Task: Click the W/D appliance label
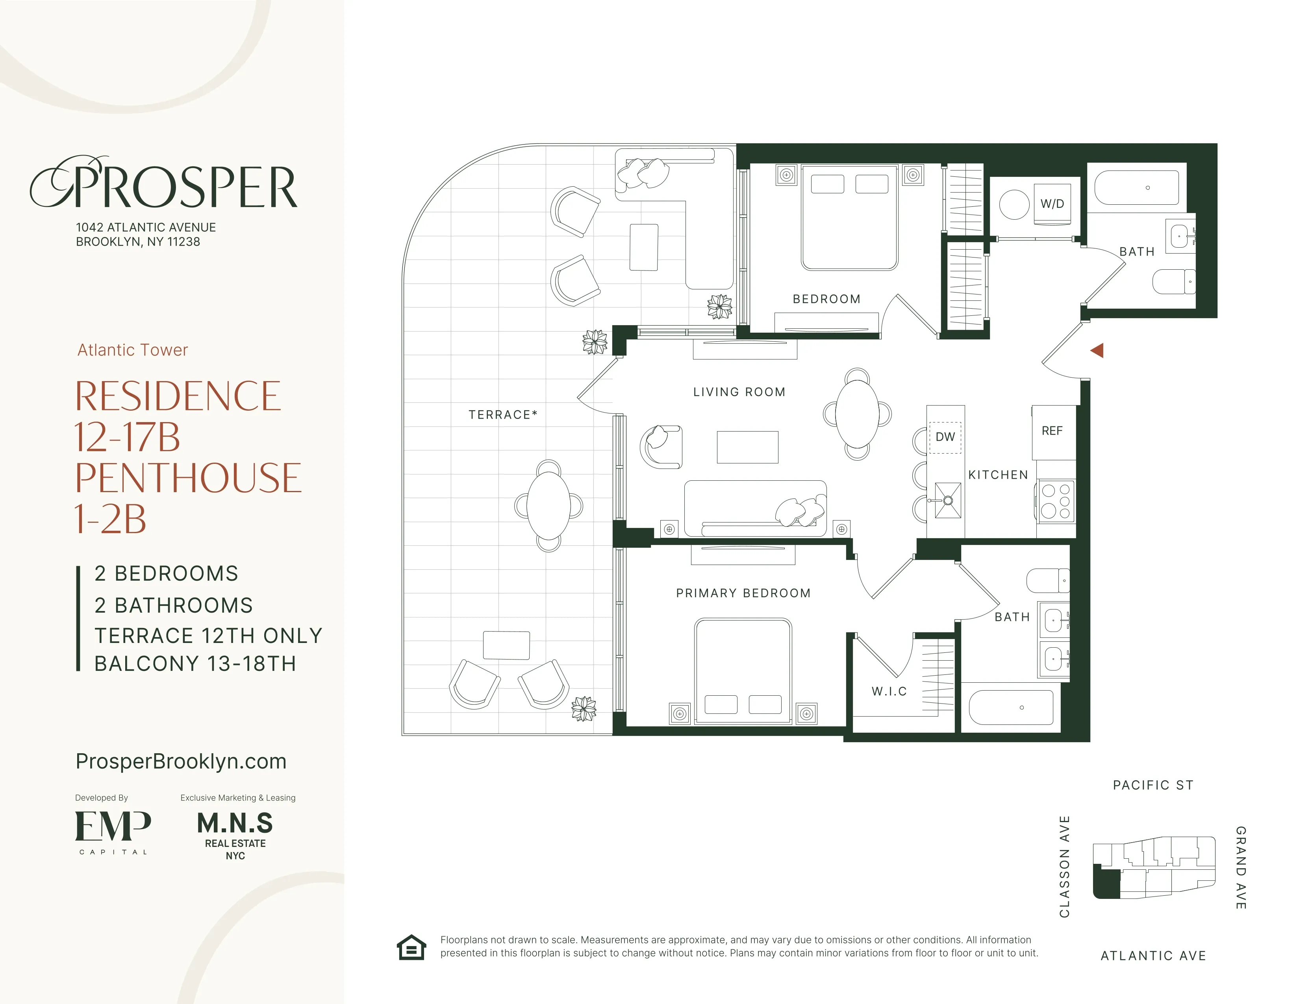click(x=1052, y=204)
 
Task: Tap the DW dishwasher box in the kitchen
click(x=945, y=437)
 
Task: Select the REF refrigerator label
click(x=1052, y=431)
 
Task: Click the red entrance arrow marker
click(x=1097, y=350)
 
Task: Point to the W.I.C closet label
click(x=889, y=691)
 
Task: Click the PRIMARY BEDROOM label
click(x=743, y=593)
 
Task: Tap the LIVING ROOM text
click(x=739, y=392)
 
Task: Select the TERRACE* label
click(x=502, y=415)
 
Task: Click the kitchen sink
click(x=947, y=500)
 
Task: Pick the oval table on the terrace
click(x=549, y=506)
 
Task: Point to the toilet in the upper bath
click(x=1173, y=282)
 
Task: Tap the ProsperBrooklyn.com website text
click(x=181, y=761)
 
